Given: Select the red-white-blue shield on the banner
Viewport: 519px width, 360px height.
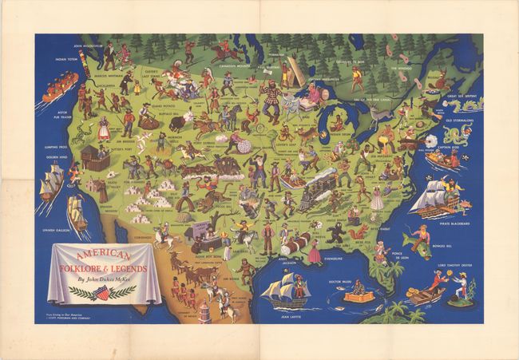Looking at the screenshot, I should pos(101,294).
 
